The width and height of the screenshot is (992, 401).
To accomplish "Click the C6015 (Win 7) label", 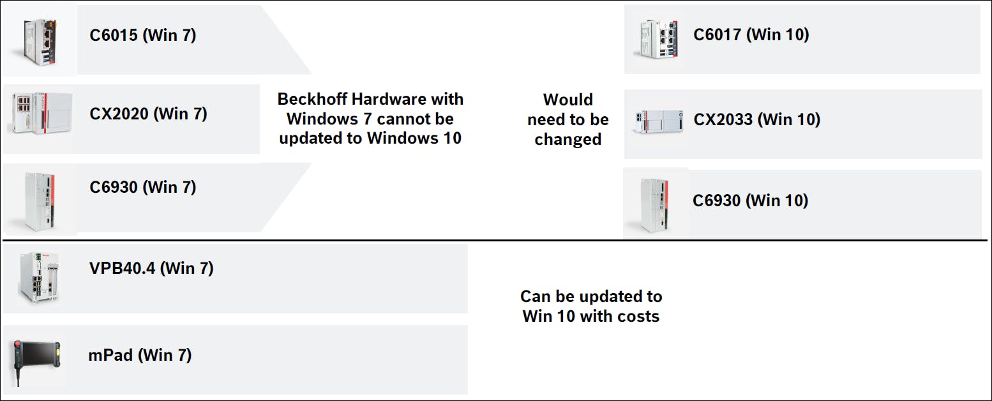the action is tap(142, 35).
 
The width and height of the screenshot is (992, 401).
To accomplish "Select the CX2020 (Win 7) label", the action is tap(148, 114).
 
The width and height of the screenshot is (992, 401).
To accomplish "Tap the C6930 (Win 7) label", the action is tap(142, 187).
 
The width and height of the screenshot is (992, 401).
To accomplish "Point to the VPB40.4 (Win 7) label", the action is tap(151, 268).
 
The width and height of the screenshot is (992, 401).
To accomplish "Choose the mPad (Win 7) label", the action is tap(140, 355).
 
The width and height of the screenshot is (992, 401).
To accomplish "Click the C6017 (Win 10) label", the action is tap(751, 34).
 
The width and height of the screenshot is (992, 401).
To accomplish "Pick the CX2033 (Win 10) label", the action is tap(757, 119).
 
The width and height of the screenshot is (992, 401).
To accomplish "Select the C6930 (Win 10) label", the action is tap(750, 200).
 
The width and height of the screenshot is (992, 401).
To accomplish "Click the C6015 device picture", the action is tap(40, 42).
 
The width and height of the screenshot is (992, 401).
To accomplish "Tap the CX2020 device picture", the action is tap(41, 112).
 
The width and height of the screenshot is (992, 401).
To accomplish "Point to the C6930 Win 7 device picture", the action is tap(40, 201).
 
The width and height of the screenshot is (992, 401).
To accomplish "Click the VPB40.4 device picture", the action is tap(39, 277).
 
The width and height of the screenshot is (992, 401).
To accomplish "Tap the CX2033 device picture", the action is tap(659, 121).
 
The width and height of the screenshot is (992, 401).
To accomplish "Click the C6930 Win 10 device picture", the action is tap(654, 205).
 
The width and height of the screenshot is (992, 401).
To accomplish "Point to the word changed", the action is tap(567, 140).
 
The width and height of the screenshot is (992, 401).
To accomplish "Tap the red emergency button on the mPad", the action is tap(17, 345).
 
